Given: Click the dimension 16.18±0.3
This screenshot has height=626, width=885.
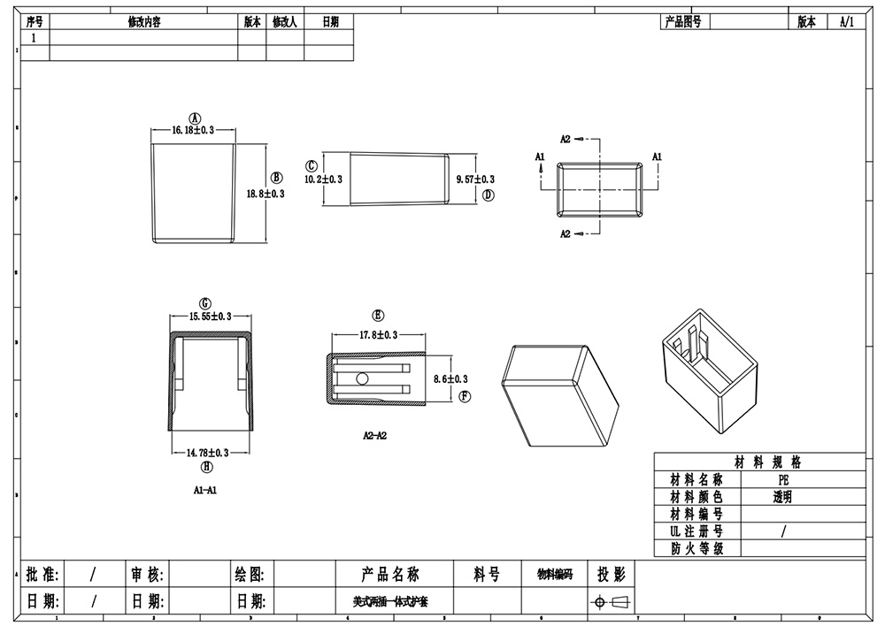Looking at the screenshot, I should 193,131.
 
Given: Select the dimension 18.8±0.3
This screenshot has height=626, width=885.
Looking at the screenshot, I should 265,194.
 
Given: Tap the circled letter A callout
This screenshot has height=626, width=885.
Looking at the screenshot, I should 196,118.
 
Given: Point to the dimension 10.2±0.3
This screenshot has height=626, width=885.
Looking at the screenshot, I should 323,179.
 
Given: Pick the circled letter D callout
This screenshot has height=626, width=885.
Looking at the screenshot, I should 488,195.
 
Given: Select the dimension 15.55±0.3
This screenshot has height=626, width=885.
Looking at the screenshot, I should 211,316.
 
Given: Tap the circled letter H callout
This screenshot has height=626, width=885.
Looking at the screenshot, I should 206,467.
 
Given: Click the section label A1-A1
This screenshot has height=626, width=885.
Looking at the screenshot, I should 205,489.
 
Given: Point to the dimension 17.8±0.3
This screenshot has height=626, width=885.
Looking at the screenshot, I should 378,335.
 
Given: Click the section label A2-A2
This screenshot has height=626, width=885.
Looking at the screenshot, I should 375,435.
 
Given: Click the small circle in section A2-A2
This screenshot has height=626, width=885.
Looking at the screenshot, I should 363,378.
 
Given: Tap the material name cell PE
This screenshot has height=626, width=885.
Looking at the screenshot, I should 782,479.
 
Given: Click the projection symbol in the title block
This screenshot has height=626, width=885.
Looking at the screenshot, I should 612,602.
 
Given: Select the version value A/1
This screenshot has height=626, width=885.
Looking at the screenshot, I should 847,22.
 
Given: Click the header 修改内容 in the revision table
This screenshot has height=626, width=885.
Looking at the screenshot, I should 143,22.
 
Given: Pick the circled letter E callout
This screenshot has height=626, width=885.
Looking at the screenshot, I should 378,316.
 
